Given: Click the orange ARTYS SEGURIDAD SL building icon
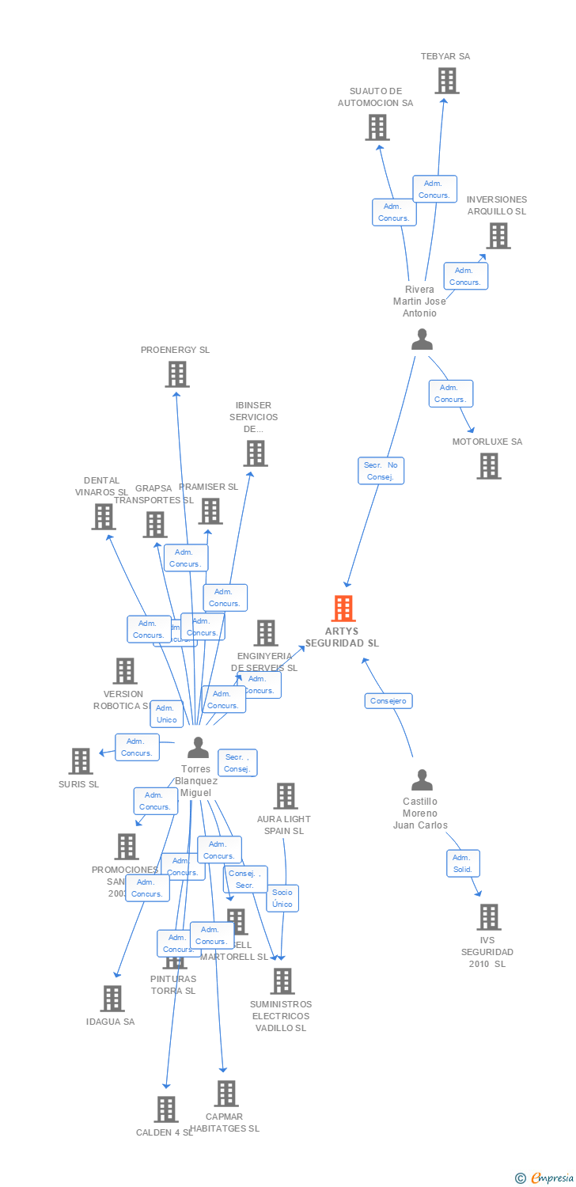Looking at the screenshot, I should [x=343, y=609].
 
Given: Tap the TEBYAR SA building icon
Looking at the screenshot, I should [x=446, y=81].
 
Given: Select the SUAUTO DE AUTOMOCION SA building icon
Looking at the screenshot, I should [x=377, y=127].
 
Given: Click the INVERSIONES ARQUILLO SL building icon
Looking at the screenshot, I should [x=498, y=236].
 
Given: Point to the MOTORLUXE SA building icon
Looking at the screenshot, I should [x=488, y=466].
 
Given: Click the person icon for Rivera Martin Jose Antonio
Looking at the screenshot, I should [x=423, y=339].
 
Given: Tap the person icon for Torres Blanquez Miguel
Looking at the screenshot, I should [x=198, y=748].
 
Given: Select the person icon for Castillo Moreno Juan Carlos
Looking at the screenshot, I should [x=422, y=780].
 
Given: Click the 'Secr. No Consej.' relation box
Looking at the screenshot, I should [x=381, y=471].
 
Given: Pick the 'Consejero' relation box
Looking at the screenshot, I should [x=388, y=701].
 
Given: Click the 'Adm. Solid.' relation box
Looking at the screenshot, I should [x=463, y=863].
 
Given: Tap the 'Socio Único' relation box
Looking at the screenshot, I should [x=282, y=898].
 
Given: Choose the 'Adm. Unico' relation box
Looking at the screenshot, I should [x=167, y=714].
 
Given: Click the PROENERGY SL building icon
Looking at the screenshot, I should [x=176, y=374].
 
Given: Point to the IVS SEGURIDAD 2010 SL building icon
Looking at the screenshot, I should [x=488, y=917].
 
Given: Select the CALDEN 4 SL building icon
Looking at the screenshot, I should [x=165, y=1109].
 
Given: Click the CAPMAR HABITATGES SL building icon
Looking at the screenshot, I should [x=226, y=1094].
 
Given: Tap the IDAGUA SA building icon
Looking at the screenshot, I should [x=112, y=999].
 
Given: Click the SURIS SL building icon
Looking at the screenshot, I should [x=81, y=761].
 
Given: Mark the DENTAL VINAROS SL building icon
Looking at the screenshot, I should [x=104, y=517].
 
